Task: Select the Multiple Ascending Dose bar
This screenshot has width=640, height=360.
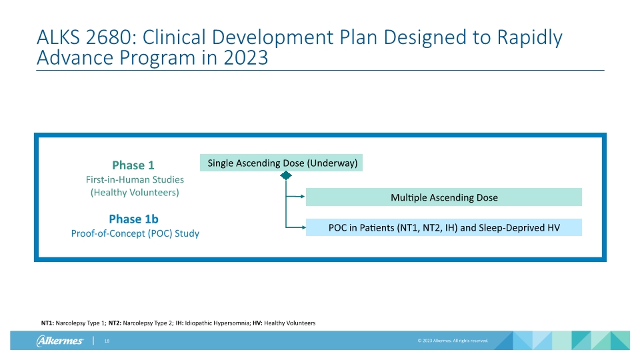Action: click(x=443, y=197)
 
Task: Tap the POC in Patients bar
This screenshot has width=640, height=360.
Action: click(x=443, y=227)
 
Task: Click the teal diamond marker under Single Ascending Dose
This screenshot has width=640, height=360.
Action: click(x=286, y=175)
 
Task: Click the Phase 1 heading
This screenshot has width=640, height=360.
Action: click(x=133, y=165)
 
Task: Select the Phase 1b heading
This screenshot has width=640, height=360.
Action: click(x=133, y=219)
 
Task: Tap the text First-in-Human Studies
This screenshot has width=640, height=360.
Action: click(x=135, y=179)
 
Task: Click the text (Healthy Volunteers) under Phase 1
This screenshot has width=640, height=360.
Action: click(x=135, y=192)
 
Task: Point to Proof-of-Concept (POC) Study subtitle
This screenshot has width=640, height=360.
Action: click(x=135, y=233)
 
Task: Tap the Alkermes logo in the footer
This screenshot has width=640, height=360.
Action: click(x=59, y=341)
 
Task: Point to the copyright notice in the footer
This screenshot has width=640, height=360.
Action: click(x=453, y=341)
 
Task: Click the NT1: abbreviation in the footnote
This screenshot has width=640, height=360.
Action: click(x=47, y=323)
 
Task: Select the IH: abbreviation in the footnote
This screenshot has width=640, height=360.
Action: click(x=179, y=323)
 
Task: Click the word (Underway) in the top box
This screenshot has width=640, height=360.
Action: click(x=333, y=163)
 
